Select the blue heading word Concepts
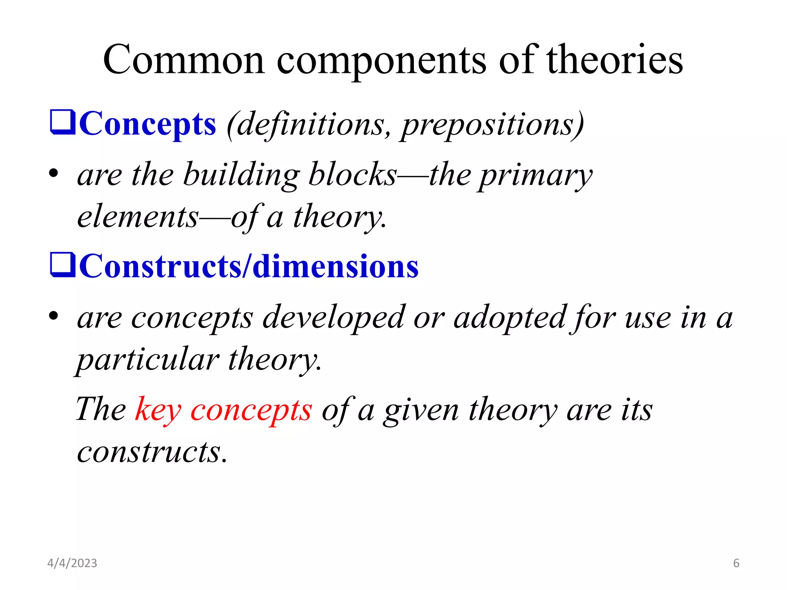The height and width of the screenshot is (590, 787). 148,124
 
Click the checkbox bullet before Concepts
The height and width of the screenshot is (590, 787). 63,122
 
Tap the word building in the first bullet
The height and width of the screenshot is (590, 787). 241,175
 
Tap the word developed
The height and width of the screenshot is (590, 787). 334,318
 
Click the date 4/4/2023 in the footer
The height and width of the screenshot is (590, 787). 72,563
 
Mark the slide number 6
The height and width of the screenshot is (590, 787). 736,563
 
